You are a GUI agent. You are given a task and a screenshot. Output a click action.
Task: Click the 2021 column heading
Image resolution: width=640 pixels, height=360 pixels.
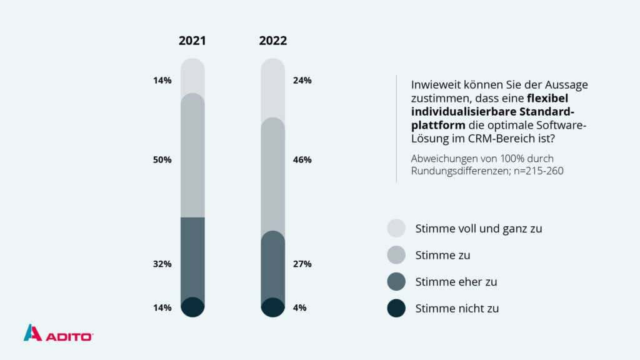coord(192,41)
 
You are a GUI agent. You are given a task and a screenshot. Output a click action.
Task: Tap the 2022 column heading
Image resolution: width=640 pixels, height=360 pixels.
coord(273,41)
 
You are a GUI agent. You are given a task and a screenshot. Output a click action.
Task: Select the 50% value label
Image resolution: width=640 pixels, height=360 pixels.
coord(162,159)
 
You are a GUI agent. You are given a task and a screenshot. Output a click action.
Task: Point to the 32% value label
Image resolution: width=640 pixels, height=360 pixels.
coord(162,264)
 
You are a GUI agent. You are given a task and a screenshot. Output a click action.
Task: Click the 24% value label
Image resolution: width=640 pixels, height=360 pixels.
coord(302,80)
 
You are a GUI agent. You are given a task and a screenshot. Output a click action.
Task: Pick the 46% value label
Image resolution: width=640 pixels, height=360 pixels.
coord(302,159)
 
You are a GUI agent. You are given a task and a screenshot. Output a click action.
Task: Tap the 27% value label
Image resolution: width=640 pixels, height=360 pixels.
coord(302,264)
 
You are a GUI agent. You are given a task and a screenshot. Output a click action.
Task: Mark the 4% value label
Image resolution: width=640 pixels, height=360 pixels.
coord(300,307)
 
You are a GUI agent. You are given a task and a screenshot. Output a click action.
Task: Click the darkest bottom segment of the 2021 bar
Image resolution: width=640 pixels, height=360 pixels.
coord(192,307)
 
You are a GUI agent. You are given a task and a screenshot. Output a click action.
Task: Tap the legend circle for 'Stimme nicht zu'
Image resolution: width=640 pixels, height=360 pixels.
coord(396,308)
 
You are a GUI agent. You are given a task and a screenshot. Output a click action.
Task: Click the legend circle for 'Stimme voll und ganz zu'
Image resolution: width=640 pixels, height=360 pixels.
coord(396,228)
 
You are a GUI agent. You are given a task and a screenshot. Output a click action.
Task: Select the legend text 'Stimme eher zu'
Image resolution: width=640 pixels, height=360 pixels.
coord(456,282)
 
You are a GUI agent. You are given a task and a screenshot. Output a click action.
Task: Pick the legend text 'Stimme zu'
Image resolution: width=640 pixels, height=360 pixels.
coord(442,255)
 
